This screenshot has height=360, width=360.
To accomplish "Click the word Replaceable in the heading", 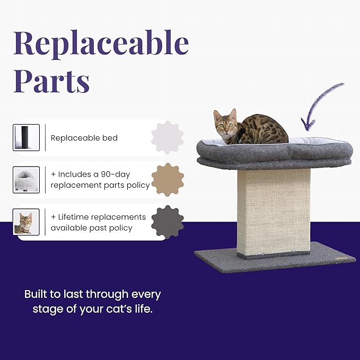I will click(x=101, y=43).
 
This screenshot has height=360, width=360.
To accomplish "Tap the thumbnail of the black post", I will click(x=26, y=138).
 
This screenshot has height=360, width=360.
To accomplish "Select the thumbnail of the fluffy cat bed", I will click(x=26, y=180).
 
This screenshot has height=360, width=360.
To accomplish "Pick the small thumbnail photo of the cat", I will click(x=26, y=222).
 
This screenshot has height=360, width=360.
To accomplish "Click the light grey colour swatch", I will click(x=168, y=137).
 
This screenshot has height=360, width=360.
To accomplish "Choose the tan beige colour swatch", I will click(x=168, y=180).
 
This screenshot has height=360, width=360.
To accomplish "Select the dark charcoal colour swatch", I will click(x=168, y=222).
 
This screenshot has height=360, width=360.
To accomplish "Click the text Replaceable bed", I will click(x=84, y=138).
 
